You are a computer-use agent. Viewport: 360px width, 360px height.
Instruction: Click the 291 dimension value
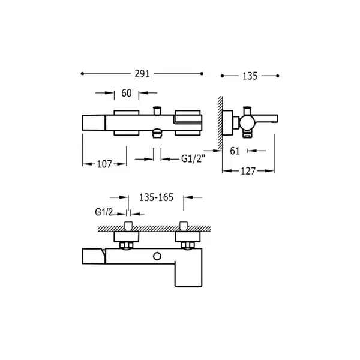tap(142, 74)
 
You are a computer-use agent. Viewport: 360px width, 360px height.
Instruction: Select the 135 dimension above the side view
tap(250, 76)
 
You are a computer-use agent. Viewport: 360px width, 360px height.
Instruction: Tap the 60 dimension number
tap(127, 93)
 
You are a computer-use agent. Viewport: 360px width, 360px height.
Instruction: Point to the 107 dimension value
tap(104, 164)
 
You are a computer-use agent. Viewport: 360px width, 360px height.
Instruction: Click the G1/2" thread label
tap(193, 158)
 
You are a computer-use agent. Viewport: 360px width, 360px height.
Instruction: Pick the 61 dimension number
tap(235, 151)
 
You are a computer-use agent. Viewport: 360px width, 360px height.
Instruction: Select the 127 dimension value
tap(248, 171)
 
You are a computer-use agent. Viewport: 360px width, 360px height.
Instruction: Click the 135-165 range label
tap(157, 197)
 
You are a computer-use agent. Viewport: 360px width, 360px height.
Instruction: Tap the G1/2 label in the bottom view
tap(104, 212)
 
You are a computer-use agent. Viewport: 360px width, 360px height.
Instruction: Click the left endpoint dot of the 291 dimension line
tap(82, 74)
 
